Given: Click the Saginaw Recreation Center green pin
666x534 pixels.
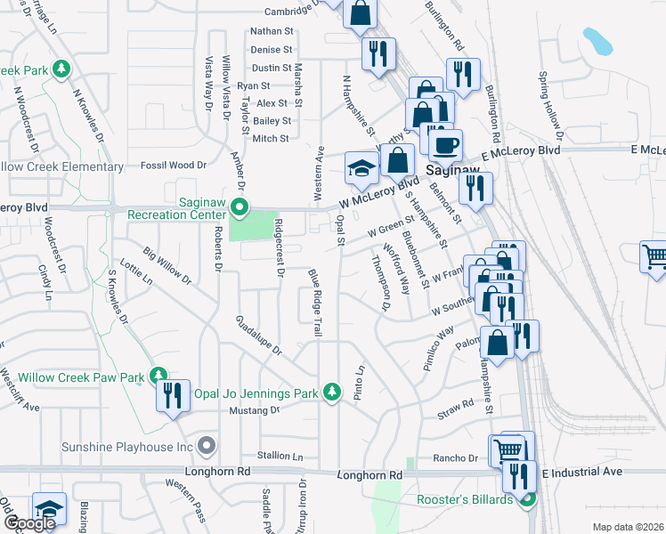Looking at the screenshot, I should point(239,208).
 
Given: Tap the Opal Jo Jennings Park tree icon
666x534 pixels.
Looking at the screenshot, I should point(331,392).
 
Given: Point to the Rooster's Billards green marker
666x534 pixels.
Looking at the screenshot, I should point(526,499).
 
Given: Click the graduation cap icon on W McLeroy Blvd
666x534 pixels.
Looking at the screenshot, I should point(361,168).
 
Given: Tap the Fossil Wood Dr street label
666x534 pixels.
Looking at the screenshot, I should point(176,165).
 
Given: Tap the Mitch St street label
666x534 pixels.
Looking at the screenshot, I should point(270,138).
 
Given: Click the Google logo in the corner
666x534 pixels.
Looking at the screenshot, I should point(28,523).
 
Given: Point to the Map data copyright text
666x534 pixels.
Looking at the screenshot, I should point(628,527).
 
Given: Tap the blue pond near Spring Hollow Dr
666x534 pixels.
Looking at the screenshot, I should point(597,40).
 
